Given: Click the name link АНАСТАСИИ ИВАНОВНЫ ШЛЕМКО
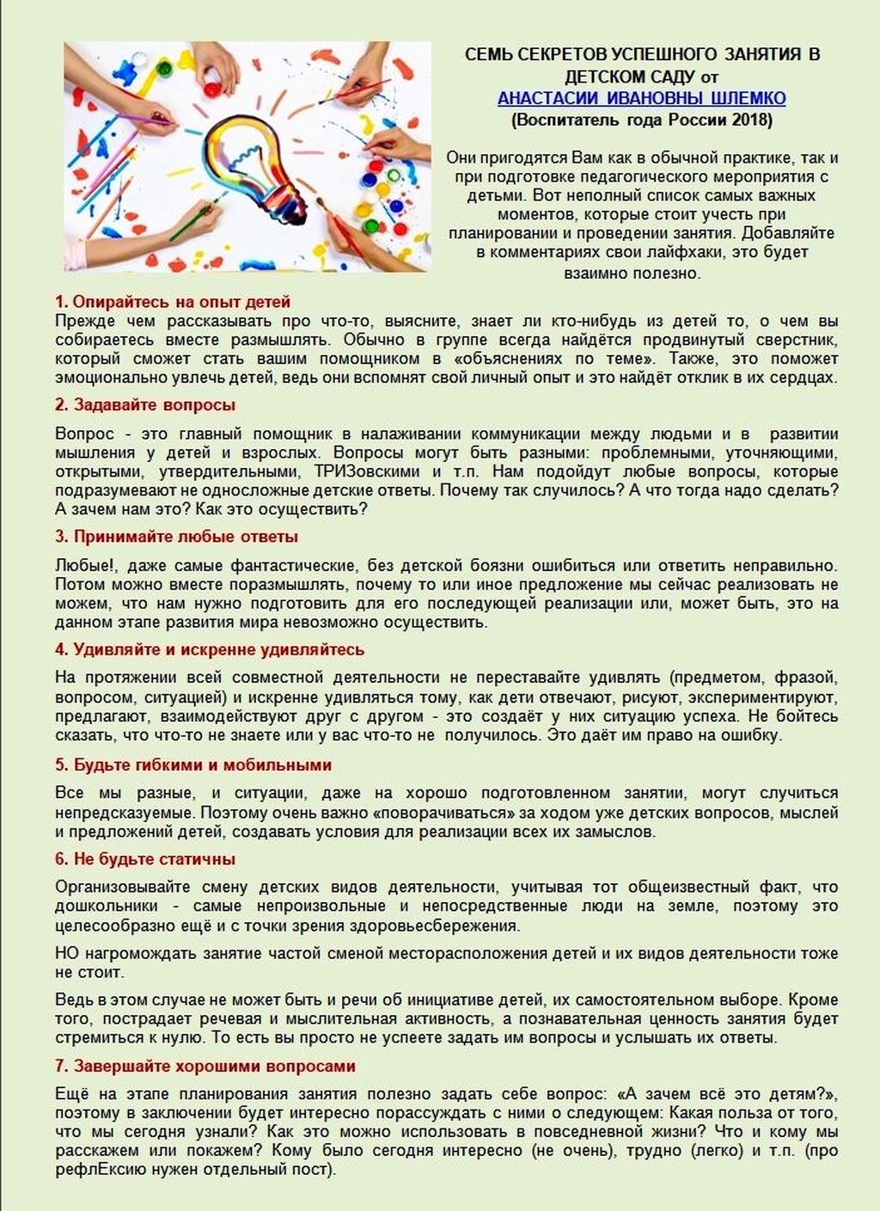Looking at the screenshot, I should pyautogui.click(x=641, y=99).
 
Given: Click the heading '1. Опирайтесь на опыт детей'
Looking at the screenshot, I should pyautogui.click(x=173, y=302).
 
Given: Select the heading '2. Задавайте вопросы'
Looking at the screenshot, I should pyautogui.click(x=145, y=405).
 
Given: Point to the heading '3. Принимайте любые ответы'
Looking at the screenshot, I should pyautogui.click(x=177, y=537).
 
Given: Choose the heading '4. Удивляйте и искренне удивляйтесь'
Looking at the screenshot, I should pyautogui.click(x=210, y=649).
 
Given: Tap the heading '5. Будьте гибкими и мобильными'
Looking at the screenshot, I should pyautogui.click(x=193, y=765).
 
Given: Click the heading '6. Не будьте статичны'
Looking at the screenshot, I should pyautogui.click(x=145, y=859).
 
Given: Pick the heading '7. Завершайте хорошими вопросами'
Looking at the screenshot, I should pyautogui.click(x=205, y=1067).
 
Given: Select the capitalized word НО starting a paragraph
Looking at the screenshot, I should pyautogui.click(x=66, y=954).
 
